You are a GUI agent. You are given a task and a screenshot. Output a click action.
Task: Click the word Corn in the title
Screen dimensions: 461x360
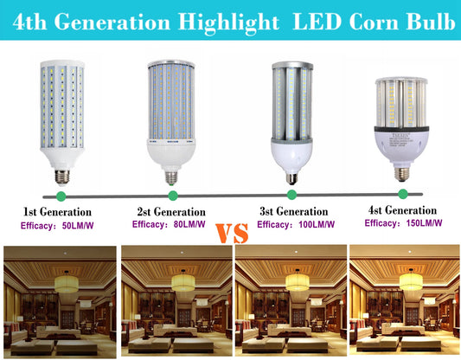(x=374, y=22)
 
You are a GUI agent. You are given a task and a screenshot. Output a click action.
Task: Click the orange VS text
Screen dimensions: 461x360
(x=232, y=234)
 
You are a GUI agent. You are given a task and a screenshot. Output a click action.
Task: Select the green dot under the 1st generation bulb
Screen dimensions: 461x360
(x=61, y=196)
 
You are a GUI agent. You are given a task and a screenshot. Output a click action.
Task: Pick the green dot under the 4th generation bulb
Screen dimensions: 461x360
(x=403, y=194)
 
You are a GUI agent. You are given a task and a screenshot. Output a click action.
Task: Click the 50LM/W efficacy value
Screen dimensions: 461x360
(x=78, y=226)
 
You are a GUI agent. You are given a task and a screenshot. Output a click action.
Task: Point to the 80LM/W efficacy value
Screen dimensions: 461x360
(x=189, y=224)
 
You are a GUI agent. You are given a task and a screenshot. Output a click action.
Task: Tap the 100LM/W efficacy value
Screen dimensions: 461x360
(x=317, y=225)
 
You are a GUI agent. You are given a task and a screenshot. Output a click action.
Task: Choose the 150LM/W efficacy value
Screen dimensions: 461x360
(x=424, y=223)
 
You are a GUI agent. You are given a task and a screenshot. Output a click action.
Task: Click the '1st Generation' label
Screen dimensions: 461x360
(x=57, y=212)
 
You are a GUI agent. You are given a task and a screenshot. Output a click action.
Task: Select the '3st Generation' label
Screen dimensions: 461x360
(x=294, y=211)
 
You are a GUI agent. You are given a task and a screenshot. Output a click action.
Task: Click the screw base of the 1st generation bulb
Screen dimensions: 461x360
(x=62, y=177)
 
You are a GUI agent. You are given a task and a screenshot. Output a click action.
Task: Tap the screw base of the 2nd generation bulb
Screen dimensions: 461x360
(x=171, y=177)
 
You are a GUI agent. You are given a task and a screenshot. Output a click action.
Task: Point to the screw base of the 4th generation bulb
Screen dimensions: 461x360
(x=401, y=174)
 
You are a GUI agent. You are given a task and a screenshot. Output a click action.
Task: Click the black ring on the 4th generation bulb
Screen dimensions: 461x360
(x=401, y=129)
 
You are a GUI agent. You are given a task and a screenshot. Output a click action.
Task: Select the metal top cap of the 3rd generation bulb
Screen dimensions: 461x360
(x=292, y=65)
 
